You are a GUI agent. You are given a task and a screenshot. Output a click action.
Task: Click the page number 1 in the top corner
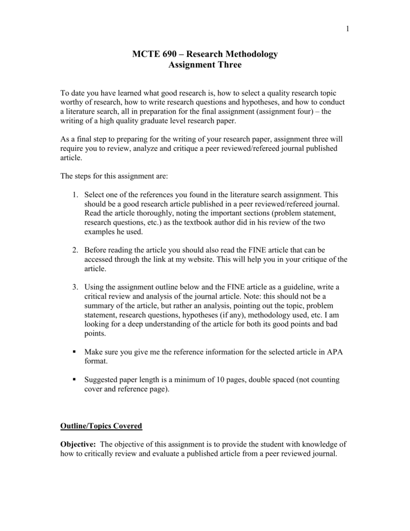(x=347, y=29)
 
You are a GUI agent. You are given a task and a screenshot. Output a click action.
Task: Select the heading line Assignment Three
(x=205, y=65)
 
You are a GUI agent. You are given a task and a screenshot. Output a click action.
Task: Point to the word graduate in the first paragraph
(x=135, y=121)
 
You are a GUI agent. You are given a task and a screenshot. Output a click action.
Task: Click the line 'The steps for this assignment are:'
(x=115, y=176)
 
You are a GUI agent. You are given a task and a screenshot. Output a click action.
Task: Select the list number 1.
(x=75, y=194)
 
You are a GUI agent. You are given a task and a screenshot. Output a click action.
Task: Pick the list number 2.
(x=75, y=250)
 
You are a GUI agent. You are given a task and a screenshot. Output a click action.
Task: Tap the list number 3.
(x=75, y=287)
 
